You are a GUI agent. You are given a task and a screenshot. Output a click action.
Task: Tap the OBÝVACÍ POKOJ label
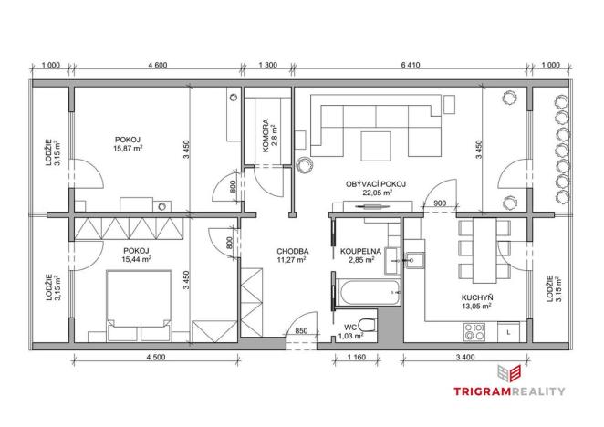376,183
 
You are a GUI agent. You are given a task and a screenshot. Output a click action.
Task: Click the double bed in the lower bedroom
141,301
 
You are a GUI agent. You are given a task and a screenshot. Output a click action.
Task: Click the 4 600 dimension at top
157,65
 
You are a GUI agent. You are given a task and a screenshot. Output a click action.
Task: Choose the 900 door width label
439,203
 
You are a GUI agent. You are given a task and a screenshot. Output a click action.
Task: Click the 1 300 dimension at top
268,65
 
